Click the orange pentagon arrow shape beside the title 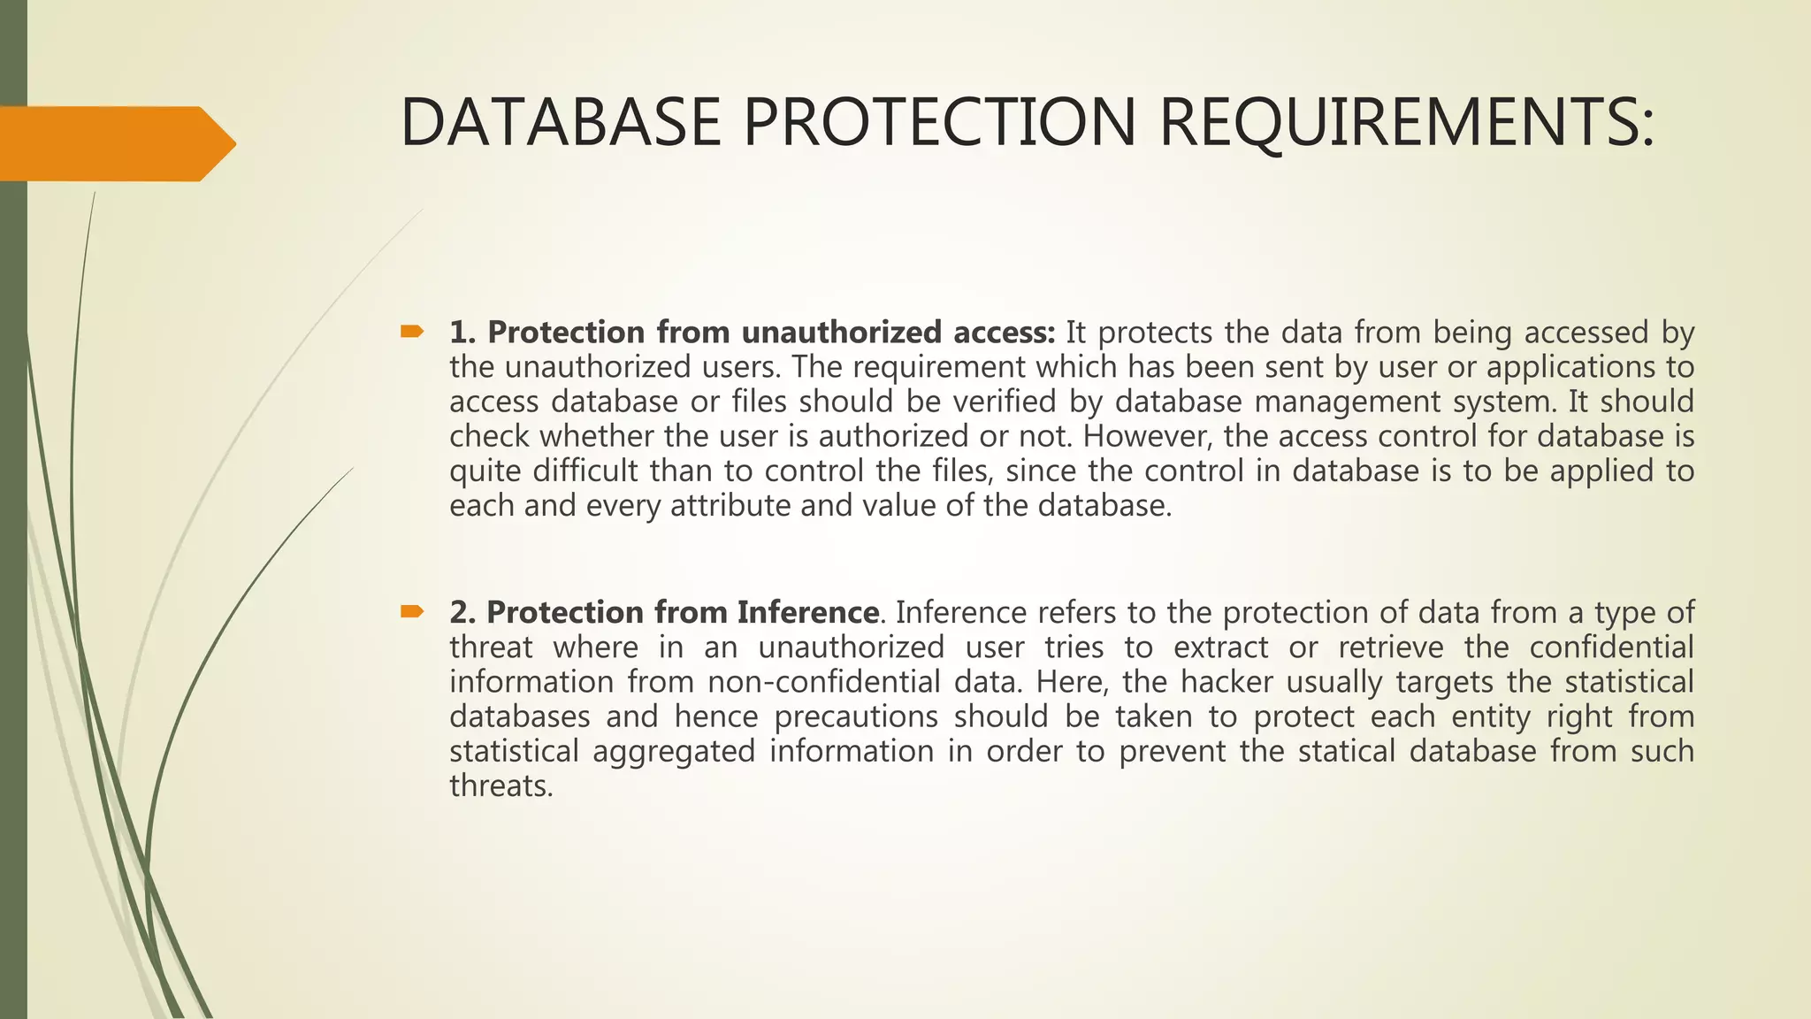pos(115,143)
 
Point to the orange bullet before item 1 pos(412,333)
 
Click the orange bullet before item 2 pos(412,612)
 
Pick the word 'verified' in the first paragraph pos(1005,402)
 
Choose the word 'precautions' pos(856,716)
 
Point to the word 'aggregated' pos(674,751)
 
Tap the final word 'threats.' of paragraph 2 pos(501,785)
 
